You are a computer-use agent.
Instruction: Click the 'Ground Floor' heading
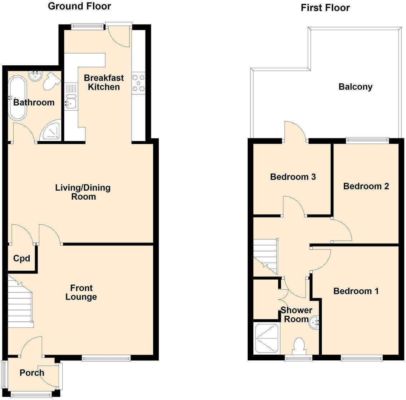tap(79, 6)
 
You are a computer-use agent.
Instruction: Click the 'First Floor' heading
tap(325, 7)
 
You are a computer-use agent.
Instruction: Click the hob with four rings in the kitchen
tap(138, 83)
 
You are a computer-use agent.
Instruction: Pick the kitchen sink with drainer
tap(71, 96)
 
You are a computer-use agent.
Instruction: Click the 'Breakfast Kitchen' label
tap(104, 82)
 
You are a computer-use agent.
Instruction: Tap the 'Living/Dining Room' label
tap(83, 192)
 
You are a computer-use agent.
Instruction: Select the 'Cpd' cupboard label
tap(21, 258)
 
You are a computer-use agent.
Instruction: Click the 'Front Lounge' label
tap(81, 292)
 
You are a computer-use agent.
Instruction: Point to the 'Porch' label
tap(32, 373)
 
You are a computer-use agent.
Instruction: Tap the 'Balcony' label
tap(355, 87)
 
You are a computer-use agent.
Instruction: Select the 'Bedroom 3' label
tap(293, 177)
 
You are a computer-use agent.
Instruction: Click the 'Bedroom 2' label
tap(366, 186)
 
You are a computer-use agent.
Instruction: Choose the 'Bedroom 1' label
tap(356, 291)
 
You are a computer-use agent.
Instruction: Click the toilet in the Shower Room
tap(298, 346)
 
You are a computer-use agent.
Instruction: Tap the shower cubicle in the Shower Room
tap(267, 339)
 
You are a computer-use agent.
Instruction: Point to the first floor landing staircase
tap(266, 256)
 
